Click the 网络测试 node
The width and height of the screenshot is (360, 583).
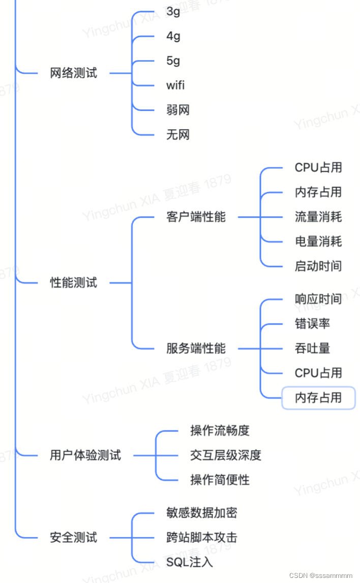click(x=73, y=73)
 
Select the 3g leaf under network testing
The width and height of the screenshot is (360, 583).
click(x=173, y=12)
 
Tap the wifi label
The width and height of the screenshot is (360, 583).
click(x=175, y=85)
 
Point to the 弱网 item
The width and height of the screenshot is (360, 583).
click(x=178, y=110)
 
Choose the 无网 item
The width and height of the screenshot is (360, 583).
click(x=178, y=135)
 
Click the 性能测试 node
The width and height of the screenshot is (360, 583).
click(x=73, y=283)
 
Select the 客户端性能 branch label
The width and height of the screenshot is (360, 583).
click(x=196, y=217)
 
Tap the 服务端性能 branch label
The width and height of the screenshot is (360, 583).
click(x=196, y=348)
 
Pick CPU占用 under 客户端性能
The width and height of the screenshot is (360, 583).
click(x=318, y=168)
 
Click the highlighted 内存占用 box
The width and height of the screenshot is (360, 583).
click(x=318, y=398)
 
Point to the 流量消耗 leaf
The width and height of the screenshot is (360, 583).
click(x=318, y=217)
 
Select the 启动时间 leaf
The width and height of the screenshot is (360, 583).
click(x=318, y=266)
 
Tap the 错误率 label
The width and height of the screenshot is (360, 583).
click(x=313, y=324)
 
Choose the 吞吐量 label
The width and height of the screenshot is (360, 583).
click(x=313, y=348)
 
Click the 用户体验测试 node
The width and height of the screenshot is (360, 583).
click(x=85, y=455)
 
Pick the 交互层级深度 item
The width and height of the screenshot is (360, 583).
click(x=226, y=455)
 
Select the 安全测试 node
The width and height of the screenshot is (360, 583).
click(x=73, y=537)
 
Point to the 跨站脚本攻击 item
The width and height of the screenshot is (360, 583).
click(x=202, y=537)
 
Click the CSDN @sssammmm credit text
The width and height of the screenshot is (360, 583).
click(x=321, y=575)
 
